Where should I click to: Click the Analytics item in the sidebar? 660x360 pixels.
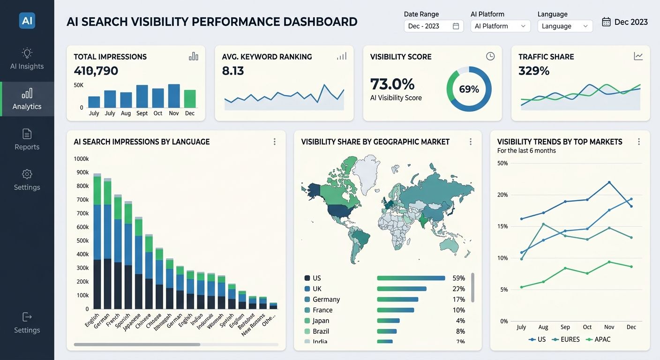[27, 99]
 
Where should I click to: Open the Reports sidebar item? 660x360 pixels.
[27, 140]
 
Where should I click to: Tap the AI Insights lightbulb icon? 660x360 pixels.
[27, 52]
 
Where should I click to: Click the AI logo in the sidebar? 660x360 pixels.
[27, 21]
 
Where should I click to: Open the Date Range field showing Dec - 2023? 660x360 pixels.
[433, 26]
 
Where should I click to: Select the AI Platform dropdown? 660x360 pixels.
[500, 26]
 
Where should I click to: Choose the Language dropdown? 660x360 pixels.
[565, 26]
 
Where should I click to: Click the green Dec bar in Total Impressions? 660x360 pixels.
[190, 99]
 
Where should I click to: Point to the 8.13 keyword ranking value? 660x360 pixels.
[233, 71]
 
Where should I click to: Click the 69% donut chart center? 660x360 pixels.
[469, 89]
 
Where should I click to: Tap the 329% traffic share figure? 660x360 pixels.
[534, 71]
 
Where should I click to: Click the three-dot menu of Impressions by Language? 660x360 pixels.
[275, 142]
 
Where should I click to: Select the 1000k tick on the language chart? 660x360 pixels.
[81, 159]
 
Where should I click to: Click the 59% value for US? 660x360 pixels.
[458, 278]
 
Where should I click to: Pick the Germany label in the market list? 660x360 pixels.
[326, 300]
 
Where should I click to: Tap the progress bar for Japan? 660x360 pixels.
[388, 321]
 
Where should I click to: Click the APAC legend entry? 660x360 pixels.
[599, 339]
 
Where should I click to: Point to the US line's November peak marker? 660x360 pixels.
[609, 182]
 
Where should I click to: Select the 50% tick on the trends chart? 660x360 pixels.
[502, 163]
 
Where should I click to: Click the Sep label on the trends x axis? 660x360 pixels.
[565, 327]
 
